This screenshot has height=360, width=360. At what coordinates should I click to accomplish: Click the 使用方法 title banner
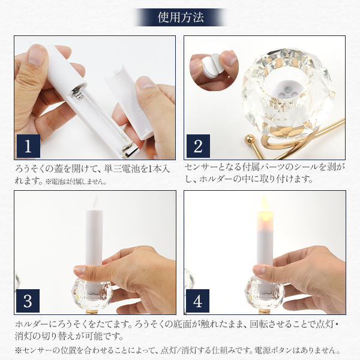point(181,17)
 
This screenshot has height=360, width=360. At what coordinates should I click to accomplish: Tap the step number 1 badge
point(28,146)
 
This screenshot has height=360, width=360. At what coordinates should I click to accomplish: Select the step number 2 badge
point(198,146)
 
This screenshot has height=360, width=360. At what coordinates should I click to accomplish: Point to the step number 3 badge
point(28,301)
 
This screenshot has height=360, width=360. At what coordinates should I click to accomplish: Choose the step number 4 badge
point(197,301)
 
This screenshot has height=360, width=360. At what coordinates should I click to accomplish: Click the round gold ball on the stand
point(250,139)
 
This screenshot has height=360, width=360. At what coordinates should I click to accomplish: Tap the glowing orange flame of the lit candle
point(265,208)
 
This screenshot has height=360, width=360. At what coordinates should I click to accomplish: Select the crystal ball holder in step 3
point(92,293)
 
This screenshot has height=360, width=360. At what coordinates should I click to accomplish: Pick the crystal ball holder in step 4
point(264,292)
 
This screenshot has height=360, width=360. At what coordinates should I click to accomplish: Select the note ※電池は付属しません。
point(76,182)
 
